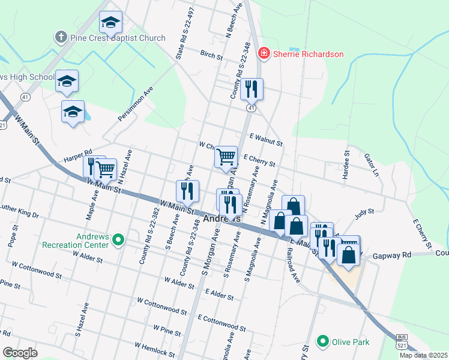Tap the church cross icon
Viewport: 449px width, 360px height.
click(61, 38)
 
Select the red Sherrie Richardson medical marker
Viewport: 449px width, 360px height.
click(263, 54)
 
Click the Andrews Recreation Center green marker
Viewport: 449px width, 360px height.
click(118, 241)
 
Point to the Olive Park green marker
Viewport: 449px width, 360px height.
click(323, 342)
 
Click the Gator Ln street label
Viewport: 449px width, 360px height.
click(372, 164)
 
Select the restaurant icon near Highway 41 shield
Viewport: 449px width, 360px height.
click(252, 89)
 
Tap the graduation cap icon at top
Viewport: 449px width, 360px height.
click(110, 22)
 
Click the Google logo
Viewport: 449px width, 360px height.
click(20, 353)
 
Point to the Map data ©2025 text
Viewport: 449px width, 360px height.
click(423, 355)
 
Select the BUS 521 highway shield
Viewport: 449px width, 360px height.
click(401, 343)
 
